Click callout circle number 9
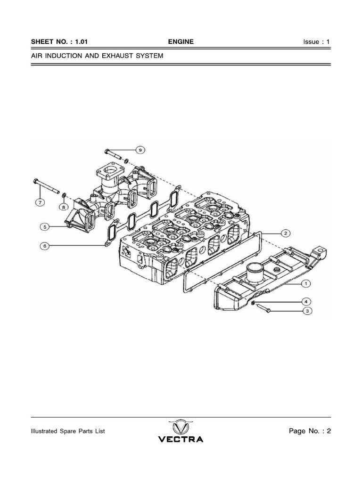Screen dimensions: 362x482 [140, 150]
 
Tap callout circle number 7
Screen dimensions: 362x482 [40, 202]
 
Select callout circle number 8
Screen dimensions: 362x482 [64, 207]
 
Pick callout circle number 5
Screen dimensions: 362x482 [45, 227]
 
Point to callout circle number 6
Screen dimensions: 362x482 [45, 246]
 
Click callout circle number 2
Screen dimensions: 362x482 [286, 233]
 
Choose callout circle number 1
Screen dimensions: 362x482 [305, 283]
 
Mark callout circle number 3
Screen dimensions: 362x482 [307, 311]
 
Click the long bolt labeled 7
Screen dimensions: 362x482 [46, 186]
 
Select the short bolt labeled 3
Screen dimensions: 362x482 [263, 308]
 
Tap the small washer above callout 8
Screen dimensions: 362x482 [64, 195]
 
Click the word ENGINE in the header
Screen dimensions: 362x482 [181, 42]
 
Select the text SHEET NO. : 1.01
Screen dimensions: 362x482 [59, 42]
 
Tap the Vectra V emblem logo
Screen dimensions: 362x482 [181, 427]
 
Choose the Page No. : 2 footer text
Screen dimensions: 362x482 [310, 431]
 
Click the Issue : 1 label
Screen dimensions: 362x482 [316, 42]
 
